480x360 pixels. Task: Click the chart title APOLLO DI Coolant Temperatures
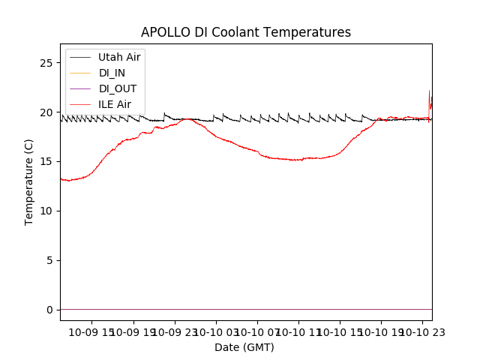pos(245,32)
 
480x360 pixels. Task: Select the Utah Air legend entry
pos(119,57)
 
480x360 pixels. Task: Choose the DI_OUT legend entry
pos(117,88)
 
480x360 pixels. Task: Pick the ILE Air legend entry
pos(115,104)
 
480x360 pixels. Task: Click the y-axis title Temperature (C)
pos(29,182)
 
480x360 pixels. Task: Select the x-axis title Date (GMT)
pos(244,347)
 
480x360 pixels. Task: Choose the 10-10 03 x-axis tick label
pos(216,332)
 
